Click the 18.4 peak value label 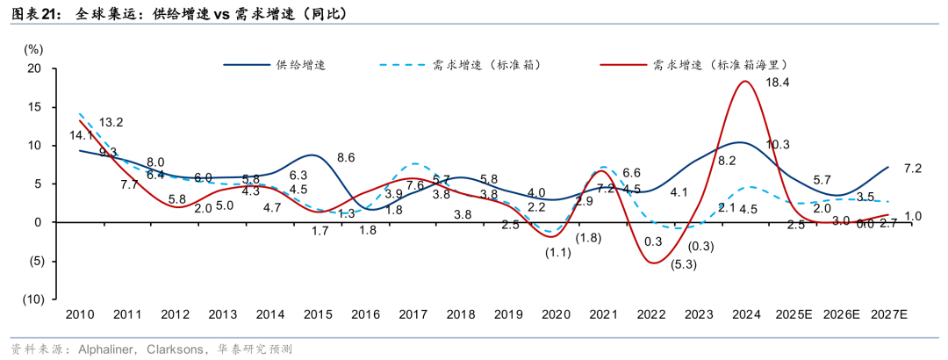pos(779,83)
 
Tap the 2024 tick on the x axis pos(746,314)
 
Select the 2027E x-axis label pos(888,314)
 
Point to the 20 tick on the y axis pos(35,68)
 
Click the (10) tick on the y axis pos(32,299)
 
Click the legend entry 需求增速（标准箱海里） pos(718,64)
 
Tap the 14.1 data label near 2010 pos(82,136)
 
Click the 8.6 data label pos(346,158)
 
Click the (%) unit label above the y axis pos(33,49)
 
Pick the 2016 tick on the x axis pos(366,314)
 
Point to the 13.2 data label pos(111,122)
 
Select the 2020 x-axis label pos(556,314)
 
